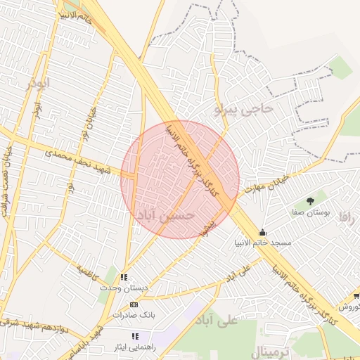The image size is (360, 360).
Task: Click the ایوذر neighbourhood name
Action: click(x=38, y=84)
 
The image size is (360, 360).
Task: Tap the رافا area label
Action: click(x=349, y=217)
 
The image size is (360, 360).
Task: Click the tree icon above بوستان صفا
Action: click(x=311, y=201)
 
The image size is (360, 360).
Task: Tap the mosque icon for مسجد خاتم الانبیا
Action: click(x=263, y=233)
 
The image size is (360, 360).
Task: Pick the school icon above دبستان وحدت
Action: click(x=124, y=278)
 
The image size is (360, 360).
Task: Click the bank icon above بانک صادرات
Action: click(x=134, y=304)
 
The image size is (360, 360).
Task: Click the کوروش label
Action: click(x=349, y=307)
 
